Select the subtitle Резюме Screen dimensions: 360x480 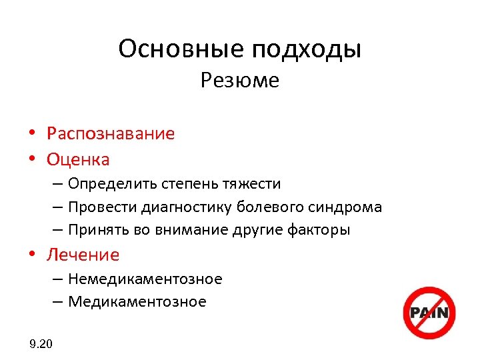click(x=239, y=81)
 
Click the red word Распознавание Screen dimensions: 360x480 click(x=111, y=134)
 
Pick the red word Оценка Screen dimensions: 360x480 click(x=78, y=160)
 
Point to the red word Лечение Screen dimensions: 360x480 click(x=83, y=255)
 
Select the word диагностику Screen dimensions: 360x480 click(x=184, y=207)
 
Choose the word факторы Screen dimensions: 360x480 click(x=321, y=231)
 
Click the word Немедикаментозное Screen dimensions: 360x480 click(x=145, y=279)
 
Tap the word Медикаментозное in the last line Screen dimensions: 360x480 click(x=137, y=302)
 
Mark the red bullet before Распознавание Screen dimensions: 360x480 click(x=32, y=133)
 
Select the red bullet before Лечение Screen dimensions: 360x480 click(x=32, y=254)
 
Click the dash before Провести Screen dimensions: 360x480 click(x=58, y=207)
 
